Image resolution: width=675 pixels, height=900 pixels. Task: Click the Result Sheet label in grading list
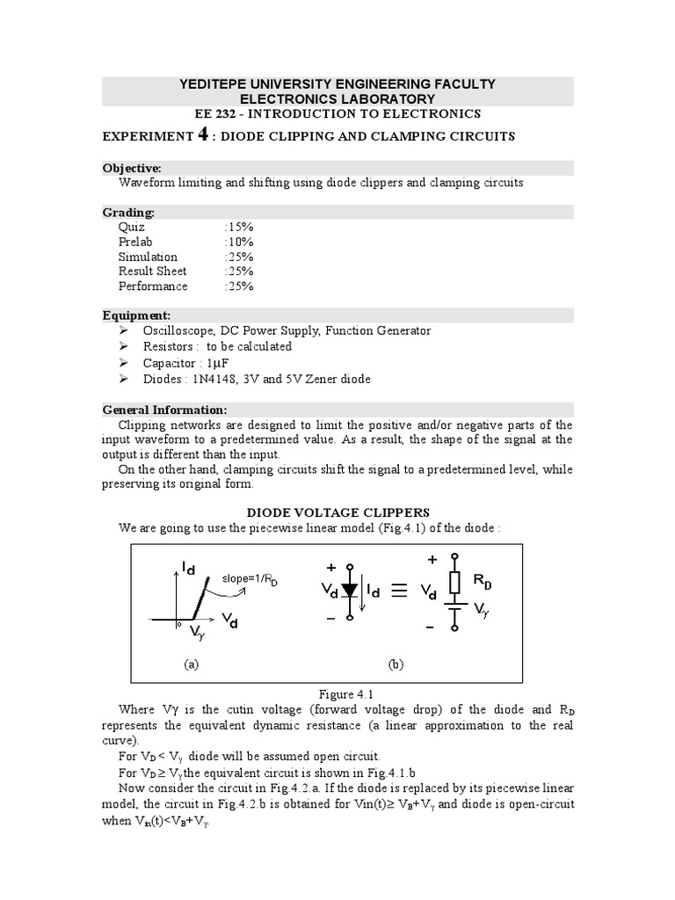tap(152, 272)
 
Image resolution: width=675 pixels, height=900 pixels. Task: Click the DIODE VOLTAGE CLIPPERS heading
tap(337, 512)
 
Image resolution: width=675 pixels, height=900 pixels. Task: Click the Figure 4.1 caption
tap(337, 693)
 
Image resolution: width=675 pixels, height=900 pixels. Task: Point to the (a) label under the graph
tap(192, 665)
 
